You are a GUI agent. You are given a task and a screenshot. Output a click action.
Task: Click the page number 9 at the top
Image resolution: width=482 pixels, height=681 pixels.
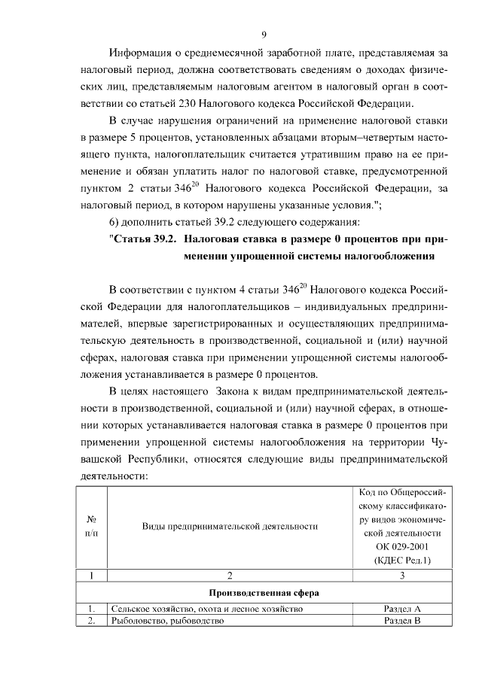(264, 34)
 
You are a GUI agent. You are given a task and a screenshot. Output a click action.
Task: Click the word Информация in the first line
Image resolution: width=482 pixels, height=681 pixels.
(139, 53)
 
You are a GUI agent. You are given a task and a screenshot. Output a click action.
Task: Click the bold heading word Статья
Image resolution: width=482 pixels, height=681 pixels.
(134, 239)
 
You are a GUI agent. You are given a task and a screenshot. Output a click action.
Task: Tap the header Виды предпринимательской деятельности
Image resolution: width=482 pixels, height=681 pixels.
(230, 526)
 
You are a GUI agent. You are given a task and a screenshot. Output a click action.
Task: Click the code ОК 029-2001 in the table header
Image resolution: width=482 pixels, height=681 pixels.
(402, 546)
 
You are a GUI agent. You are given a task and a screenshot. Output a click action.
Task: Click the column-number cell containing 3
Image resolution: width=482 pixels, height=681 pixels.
(402, 576)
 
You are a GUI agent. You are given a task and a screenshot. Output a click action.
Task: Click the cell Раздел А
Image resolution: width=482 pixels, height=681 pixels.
(402, 608)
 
